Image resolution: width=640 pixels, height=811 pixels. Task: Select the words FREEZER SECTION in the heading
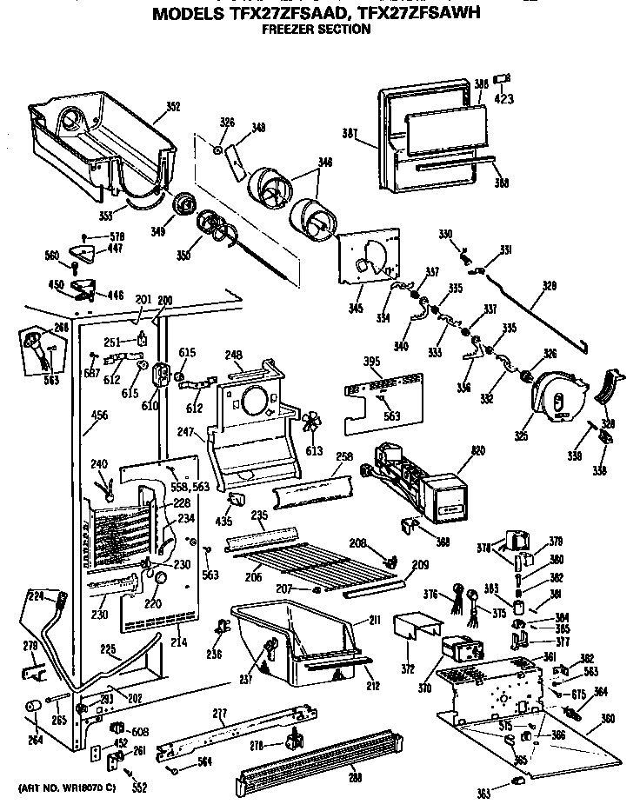(316, 30)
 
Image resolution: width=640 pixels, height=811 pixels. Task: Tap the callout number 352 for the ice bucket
(173, 107)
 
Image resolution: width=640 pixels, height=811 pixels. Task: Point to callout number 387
(350, 133)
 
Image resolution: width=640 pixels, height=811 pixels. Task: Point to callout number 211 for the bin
(374, 620)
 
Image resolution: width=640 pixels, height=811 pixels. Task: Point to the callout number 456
(99, 416)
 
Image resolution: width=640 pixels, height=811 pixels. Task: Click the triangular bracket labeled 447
(83, 252)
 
